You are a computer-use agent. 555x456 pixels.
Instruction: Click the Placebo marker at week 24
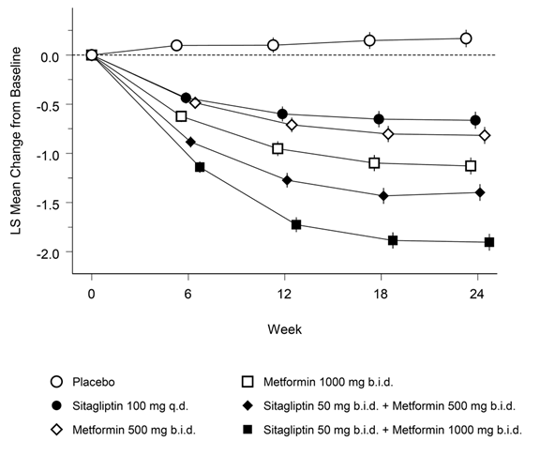[x=466, y=38]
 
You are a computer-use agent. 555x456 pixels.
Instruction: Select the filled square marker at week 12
[x=296, y=224]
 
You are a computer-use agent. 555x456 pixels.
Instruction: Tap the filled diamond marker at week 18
[x=383, y=195]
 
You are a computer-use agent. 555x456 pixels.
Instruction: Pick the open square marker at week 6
[x=181, y=115]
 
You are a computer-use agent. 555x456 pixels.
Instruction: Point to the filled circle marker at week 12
[x=282, y=114]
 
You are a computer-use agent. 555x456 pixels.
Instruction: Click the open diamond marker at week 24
[x=485, y=135]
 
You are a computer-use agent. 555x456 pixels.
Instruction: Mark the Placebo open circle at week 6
[x=176, y=45]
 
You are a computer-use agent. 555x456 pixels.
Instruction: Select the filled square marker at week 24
[x=489, y=242]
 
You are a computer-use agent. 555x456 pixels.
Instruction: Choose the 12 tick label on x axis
[x=284, y=295]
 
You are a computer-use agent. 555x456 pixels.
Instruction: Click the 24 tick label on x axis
[x=477, y=295]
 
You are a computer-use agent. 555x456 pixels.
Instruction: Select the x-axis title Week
[x=285, y=329]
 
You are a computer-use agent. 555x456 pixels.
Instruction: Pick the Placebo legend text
[x=94, y=382]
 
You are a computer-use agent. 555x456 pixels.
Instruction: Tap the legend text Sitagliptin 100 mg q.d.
[x=130, y=405]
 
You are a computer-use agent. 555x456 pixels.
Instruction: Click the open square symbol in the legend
[x=247, y=382]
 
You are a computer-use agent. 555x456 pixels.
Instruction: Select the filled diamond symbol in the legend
[x=247, y=405]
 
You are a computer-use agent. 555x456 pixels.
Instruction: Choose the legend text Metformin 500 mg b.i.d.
[x=134, y=430]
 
